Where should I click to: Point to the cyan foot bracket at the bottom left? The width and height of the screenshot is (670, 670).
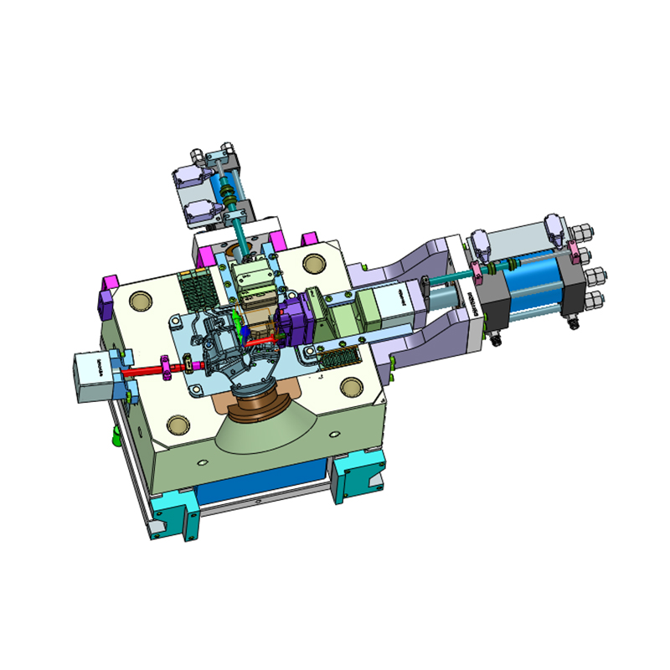coord(178,513)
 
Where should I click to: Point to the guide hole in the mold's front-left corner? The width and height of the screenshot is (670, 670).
coord(177,425)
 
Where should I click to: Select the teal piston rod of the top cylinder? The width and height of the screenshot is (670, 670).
coord(240,229)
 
